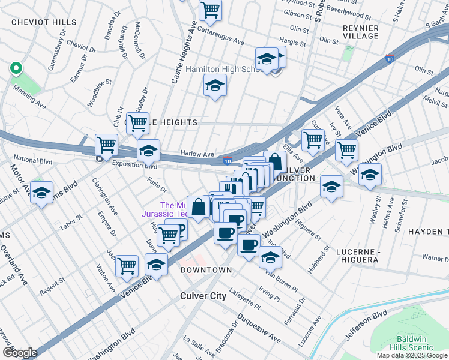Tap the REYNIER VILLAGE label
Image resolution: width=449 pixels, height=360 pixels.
pos(361,32)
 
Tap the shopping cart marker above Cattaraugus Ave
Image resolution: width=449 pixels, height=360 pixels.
pos(210,9)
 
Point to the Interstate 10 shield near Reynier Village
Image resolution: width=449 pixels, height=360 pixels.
pos(390,59)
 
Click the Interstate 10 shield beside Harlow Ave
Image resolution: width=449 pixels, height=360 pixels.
pos(227,161)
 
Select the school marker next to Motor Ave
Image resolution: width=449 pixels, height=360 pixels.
pos(42,193)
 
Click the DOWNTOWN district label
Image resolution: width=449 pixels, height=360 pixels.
pos(206,271)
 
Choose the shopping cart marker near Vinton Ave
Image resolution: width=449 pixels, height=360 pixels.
pos(127,265)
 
